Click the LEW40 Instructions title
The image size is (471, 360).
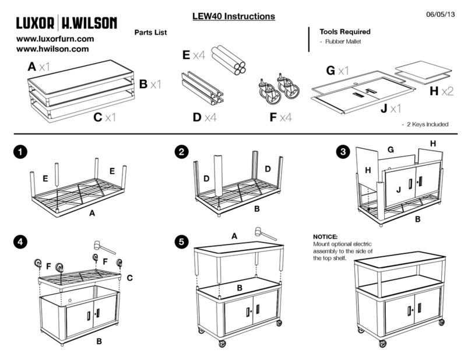click(234, 16)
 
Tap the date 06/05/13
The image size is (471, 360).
click(440, 14)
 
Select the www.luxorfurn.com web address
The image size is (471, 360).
click(55, 39)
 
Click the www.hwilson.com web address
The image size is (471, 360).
click(52, 49)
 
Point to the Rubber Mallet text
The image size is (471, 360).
click(343, 41)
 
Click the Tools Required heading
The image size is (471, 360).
click(345, 32)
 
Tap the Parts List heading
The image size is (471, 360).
click(150, 33)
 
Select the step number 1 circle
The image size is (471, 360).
click(20, 152)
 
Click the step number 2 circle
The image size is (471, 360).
click(181, 152)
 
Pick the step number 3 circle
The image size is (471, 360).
click(343, 152)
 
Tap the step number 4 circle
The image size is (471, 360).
click(20, 242)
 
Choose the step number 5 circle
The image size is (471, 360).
click(181, 242)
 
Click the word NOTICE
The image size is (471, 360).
click(325, 237)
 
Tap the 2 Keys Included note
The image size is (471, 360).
click(427, 124)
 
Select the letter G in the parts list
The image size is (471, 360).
click(331, 71)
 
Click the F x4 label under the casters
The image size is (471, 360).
click(280, 117)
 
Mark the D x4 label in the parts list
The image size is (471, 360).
click(205, 117)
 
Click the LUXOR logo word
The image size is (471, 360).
click(36, 23)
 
